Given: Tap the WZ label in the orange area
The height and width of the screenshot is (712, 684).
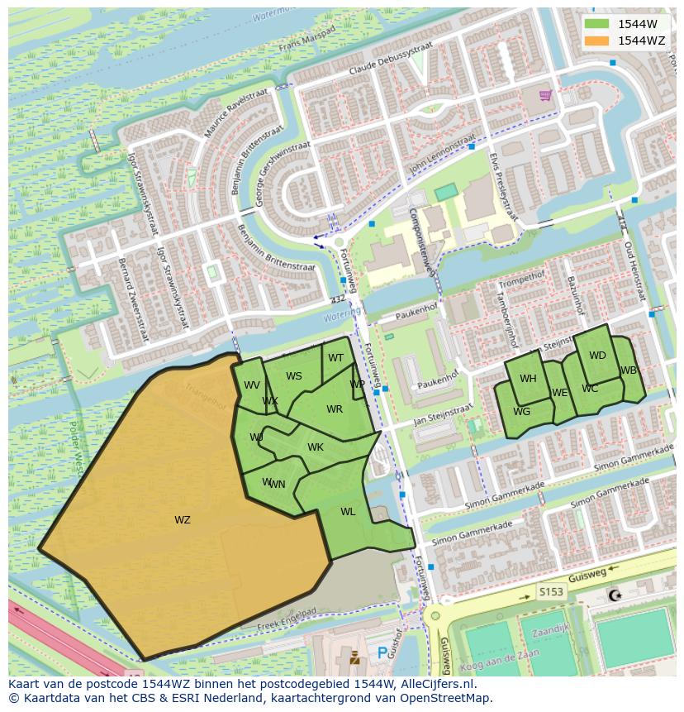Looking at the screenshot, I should pyautogui.click(x=183, y=520).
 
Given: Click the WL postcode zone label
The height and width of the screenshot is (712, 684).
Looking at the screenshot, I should pyautogui.click(x=348, y=512).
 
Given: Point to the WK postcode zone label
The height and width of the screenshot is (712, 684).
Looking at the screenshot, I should pyautogui.click(x=316, y=447).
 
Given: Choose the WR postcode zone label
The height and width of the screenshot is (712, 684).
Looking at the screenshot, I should pyautogui.click(x=334, y=409).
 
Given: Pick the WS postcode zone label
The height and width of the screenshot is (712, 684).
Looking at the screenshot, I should pyautogui.click(x=294, y=376).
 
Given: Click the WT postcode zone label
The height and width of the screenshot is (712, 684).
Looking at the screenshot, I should pyautogui.click(x=335, y=358).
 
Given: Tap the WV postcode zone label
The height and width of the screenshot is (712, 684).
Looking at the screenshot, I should pyautogui.click(x=252, y=385).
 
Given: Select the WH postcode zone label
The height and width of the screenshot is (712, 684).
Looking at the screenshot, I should pyautogui.click(x=528, y=379).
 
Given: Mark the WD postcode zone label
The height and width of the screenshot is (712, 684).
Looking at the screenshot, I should pyautogui.click(x=597, y=356).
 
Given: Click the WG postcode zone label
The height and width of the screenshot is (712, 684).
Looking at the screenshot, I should pyautogui.click(x=521, y=412).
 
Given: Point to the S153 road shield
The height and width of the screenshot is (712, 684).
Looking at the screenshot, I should pyautogui.click(x=551, y=591).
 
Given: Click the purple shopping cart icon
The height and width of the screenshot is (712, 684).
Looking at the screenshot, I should pyautogui.click(x=545, y=95).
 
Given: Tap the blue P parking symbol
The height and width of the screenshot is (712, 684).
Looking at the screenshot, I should pyautogui.click(x=382, y=653).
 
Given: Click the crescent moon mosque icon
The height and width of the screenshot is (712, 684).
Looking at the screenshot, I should pyautogui.click(x=614, y=595).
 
